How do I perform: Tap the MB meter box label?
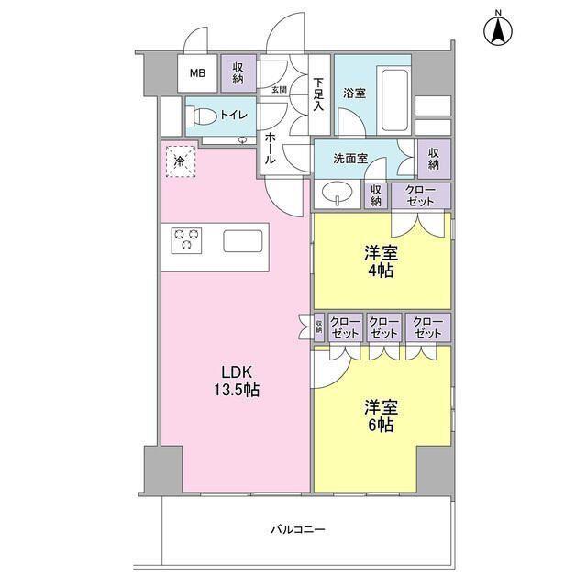pyautogui.click(x=197, y=73)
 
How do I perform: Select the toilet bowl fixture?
pyautogui.click(x=201, y=116)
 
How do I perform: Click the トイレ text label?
pyautogui.click(x=234, y=115)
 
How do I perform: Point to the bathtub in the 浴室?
pyautogui.click(x=394, y=99)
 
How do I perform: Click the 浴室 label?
pyautogui.click(x=354, y=93)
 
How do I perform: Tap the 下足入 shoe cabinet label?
pyautogui.click(x=318, y=94)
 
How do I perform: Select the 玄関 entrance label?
pyautogui.click(x=279, y=90)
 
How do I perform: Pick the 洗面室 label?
pyautogui.click(x=350, y=159)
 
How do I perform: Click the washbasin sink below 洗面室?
pyautogui.click(x=338, y=194)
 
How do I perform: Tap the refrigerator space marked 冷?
pyautogui.click(x=181, y=161)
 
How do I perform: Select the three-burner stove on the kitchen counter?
pyautogui.click(x=186, y=240)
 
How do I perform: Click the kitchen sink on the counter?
pyautogui.click(x=243, y=241)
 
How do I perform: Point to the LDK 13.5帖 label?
pyautogui.click(x=237, y=381)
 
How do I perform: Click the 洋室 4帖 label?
pyautogui.click(x=382, y=262)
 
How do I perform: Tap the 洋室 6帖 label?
pyautogui.click(x=382, y=415)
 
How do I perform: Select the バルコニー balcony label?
pyautogui.click(x=298, y=529)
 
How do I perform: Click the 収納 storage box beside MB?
pyautogui.click(x=238, y=73)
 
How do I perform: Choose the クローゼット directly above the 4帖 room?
pyautogui.click(x=421, y=195)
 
